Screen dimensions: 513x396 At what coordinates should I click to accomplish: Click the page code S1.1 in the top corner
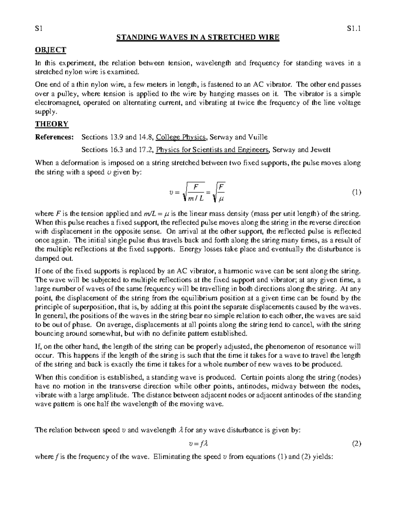pos(354,29)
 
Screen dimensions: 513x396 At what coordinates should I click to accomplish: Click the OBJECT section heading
pos(50,50)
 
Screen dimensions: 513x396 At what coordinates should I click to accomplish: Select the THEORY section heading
pos(51,124)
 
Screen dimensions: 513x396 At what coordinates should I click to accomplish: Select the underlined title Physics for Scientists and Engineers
pos(213,150)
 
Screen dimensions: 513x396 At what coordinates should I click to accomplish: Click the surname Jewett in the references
pos(319,150)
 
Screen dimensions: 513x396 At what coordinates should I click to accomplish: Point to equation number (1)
pos(356,192)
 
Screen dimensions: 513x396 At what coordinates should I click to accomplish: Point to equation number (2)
pos(356,444)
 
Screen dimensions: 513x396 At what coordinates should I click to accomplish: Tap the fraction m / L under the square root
pos(195,199)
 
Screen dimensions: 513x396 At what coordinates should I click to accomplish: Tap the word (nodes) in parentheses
pos(350,377)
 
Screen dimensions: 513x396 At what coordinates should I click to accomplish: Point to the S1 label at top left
pos(39,29)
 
